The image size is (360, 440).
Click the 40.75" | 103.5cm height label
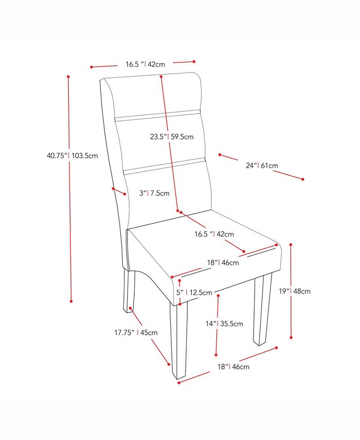(72, 155)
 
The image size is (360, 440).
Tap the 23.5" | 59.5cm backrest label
(172, 137)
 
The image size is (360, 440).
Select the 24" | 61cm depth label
(262, 166)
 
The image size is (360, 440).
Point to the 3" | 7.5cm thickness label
(154, 193)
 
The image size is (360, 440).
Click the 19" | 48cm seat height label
(295, 291)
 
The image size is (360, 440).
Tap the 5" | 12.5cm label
(194, 293)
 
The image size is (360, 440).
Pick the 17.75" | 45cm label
(136, 332)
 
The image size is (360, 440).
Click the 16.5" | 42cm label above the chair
(145, 64)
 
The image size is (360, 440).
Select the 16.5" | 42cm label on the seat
(214, 234)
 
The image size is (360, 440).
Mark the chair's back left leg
(129, 291)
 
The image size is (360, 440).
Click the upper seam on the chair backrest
(157, 114)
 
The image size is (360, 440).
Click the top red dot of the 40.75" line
(68, 77)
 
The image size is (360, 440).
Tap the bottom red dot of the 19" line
(292, 338)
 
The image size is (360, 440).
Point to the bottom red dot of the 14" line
(217, 354)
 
